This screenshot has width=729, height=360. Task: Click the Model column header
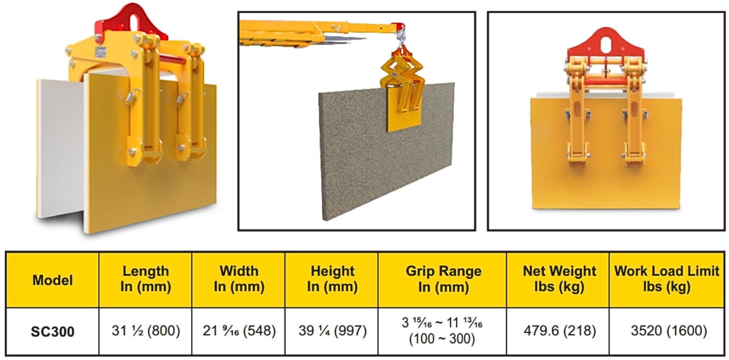[x=52, y=280]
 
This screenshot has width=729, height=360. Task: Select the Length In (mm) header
[x=146, y=279]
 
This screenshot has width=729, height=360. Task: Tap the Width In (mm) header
[x=239, y=279]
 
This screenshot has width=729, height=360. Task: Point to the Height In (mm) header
[x=332, y=279]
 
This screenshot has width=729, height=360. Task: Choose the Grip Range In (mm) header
[x=443, y=279]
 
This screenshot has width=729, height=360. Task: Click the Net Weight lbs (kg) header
[x=559, y=279]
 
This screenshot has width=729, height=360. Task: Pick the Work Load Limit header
[x=667, y=279]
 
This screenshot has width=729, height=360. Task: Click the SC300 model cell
[x=52, y=332]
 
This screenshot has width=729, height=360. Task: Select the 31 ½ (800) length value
[x=146, y=331]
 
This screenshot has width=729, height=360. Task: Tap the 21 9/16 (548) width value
[x=239, y=331]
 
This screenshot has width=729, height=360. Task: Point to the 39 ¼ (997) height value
[x=332, y=331]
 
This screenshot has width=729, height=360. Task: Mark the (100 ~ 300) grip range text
[x=442, y=339]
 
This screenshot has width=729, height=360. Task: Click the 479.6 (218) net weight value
[x=560, y=331]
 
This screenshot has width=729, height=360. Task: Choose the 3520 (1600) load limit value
[x=669, y=331]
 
